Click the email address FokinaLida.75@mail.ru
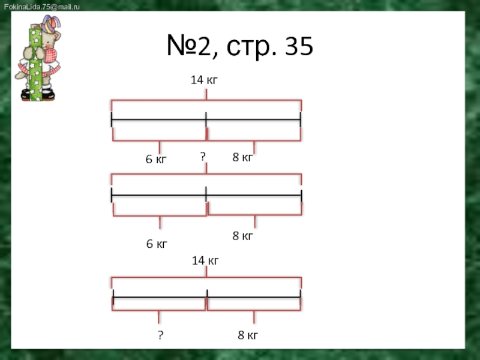(41, 6)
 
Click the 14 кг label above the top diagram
(204, 79)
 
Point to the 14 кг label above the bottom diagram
(205, 260)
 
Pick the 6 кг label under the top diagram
(156, 160)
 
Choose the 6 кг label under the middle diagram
(157, 244)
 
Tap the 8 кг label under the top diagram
(242, 157)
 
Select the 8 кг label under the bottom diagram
(248, 335)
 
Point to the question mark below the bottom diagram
(160, 335)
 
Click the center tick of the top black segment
(206, 119)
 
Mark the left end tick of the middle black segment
(112, 195)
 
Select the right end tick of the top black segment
(300, 119)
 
